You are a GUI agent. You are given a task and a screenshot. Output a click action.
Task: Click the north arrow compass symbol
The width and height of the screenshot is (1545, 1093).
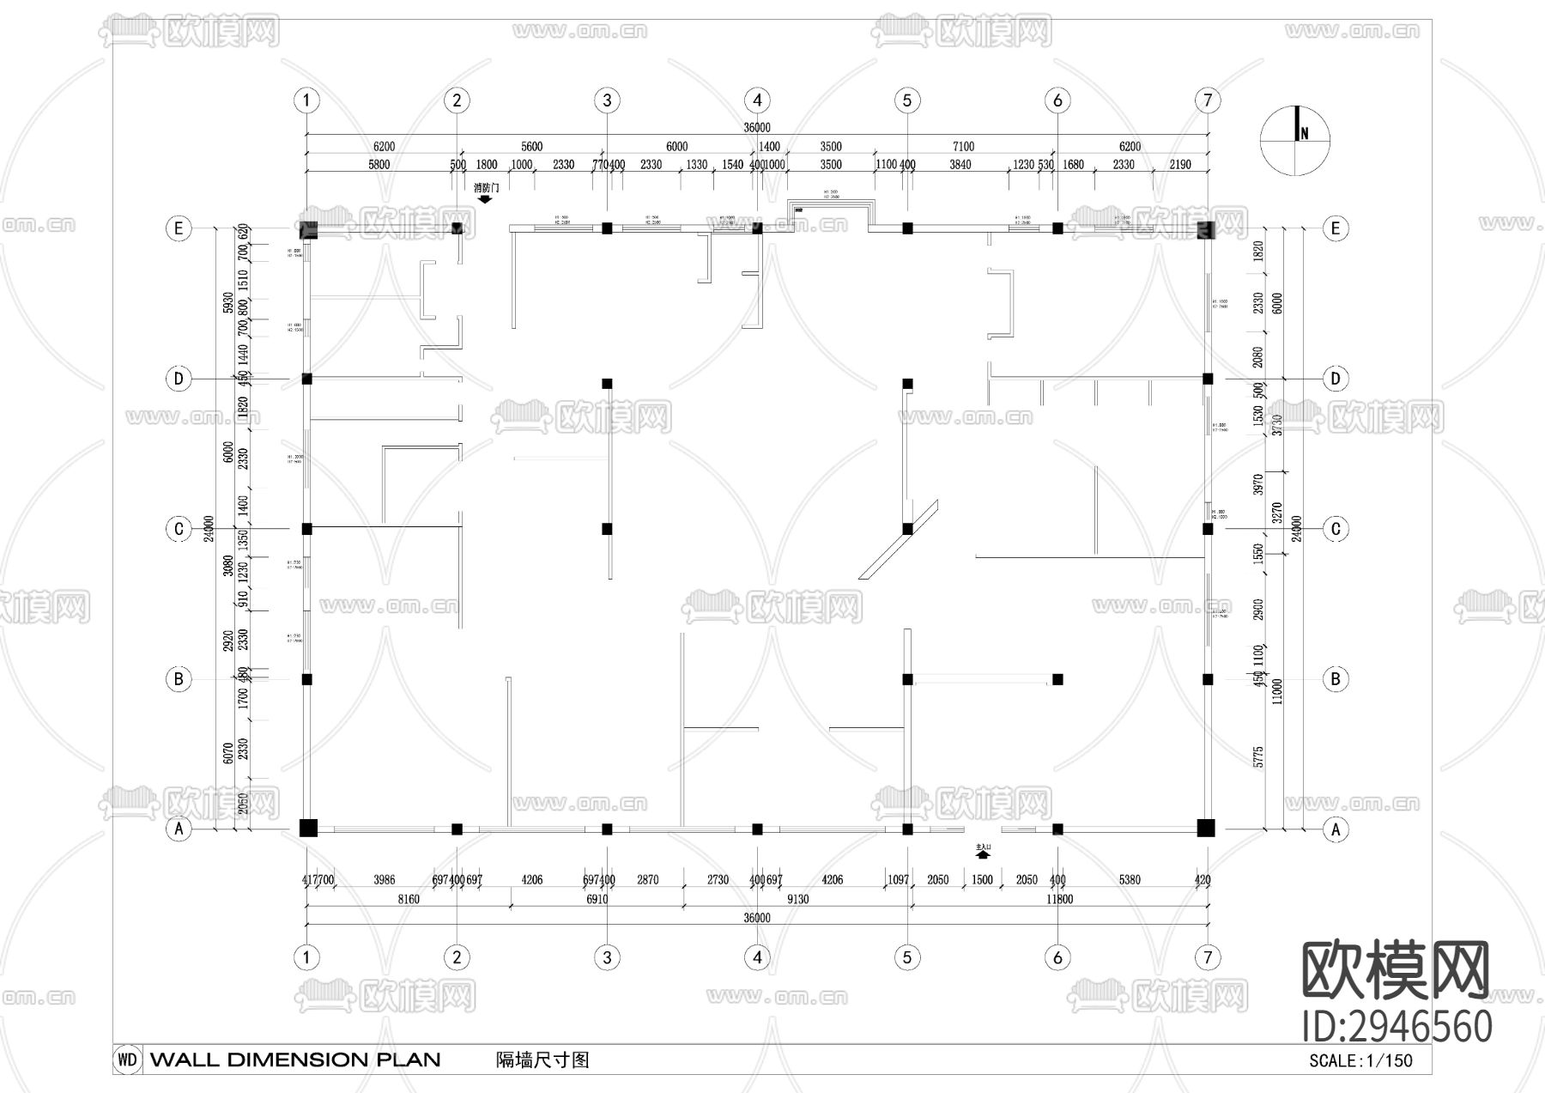pos(1294,140)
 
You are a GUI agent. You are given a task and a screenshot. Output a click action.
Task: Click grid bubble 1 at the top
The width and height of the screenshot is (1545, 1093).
pos(306,100)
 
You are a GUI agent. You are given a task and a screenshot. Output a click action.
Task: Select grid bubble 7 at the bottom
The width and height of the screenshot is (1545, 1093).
pos(1207,957)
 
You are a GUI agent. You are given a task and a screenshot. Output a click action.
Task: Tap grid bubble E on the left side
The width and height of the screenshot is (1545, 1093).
pos(179,228)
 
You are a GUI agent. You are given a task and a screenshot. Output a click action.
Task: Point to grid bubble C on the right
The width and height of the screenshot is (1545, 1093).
pos(1335,529)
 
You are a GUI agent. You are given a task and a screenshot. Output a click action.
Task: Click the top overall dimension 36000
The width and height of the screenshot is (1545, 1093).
pos(756,128)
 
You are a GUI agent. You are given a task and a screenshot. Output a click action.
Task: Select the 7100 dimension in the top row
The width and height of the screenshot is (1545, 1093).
pos(963,147)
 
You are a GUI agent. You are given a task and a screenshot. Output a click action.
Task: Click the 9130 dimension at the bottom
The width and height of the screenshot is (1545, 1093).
pos(797,899)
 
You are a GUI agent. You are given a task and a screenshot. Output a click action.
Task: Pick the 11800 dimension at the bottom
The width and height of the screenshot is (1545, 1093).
pos(1059,899)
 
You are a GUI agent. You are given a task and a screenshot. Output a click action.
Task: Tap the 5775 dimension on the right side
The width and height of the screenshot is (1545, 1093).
pos(1258,756)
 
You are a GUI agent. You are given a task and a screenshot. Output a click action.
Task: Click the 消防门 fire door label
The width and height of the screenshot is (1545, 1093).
pos(486,187)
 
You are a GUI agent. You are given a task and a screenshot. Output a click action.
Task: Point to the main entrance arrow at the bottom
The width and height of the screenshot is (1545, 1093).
pos(984,854)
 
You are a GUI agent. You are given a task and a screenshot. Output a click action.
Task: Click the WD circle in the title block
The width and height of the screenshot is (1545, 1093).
pos(127,1060)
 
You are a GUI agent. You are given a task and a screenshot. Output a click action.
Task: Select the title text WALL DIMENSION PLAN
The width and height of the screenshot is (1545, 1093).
pos(295,1060)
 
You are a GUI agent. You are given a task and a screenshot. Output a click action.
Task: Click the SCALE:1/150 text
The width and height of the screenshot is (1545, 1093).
pos(1360,1060)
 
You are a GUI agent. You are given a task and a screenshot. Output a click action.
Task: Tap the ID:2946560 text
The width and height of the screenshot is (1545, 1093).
pos(1397,1026)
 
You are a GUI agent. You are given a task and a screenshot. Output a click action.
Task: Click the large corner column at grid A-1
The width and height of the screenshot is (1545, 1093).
pos(308,828)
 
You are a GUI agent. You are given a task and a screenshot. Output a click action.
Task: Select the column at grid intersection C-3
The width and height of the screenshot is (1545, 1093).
pos(607,529)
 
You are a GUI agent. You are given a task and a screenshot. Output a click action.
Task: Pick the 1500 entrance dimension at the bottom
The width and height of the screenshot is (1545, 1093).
pos(981,880)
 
